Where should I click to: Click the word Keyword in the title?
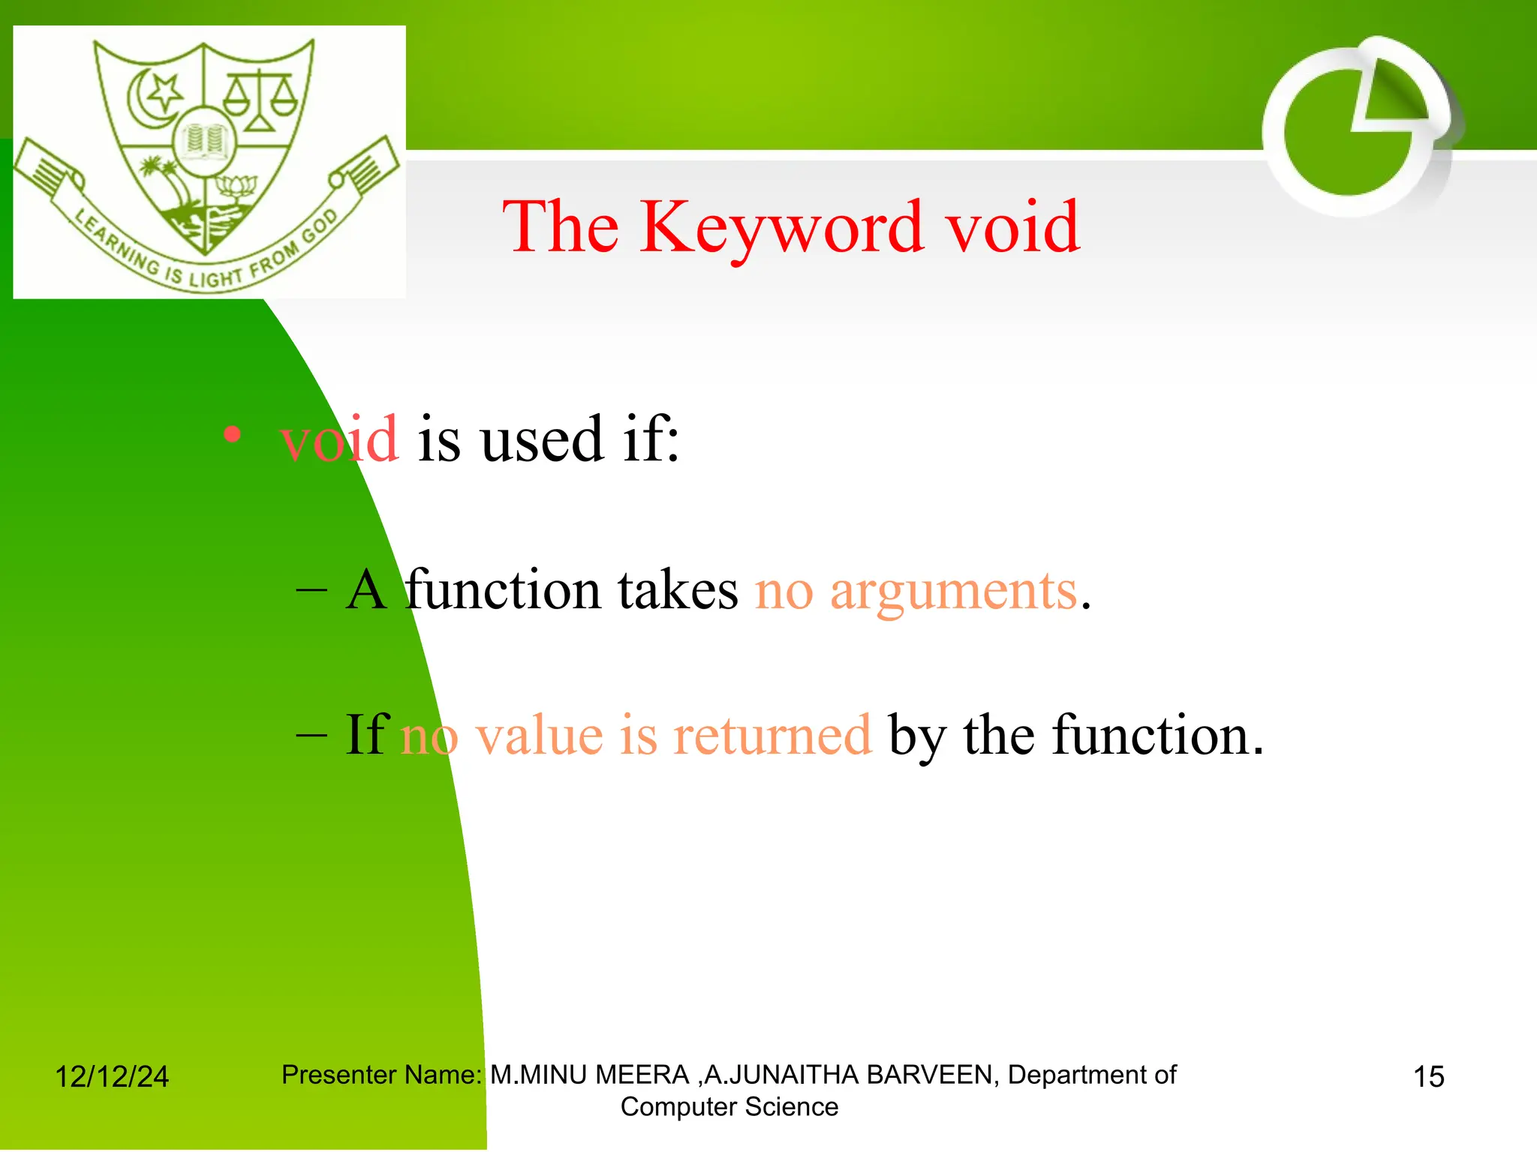coord(781,227)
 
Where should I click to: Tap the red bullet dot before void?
coord(233,434)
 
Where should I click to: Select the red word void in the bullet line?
coord(339,439)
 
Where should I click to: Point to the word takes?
coord(678,591)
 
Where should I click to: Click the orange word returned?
coord(772,736)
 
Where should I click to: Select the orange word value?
coord(540,736)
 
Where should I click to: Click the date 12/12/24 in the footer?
coord(112,1077)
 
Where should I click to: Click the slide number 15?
coord(1428,1077)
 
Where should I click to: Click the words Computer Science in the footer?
coord(729,1107)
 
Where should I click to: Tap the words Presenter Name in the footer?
coord(380,1075)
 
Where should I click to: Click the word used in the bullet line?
coord(541,439)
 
